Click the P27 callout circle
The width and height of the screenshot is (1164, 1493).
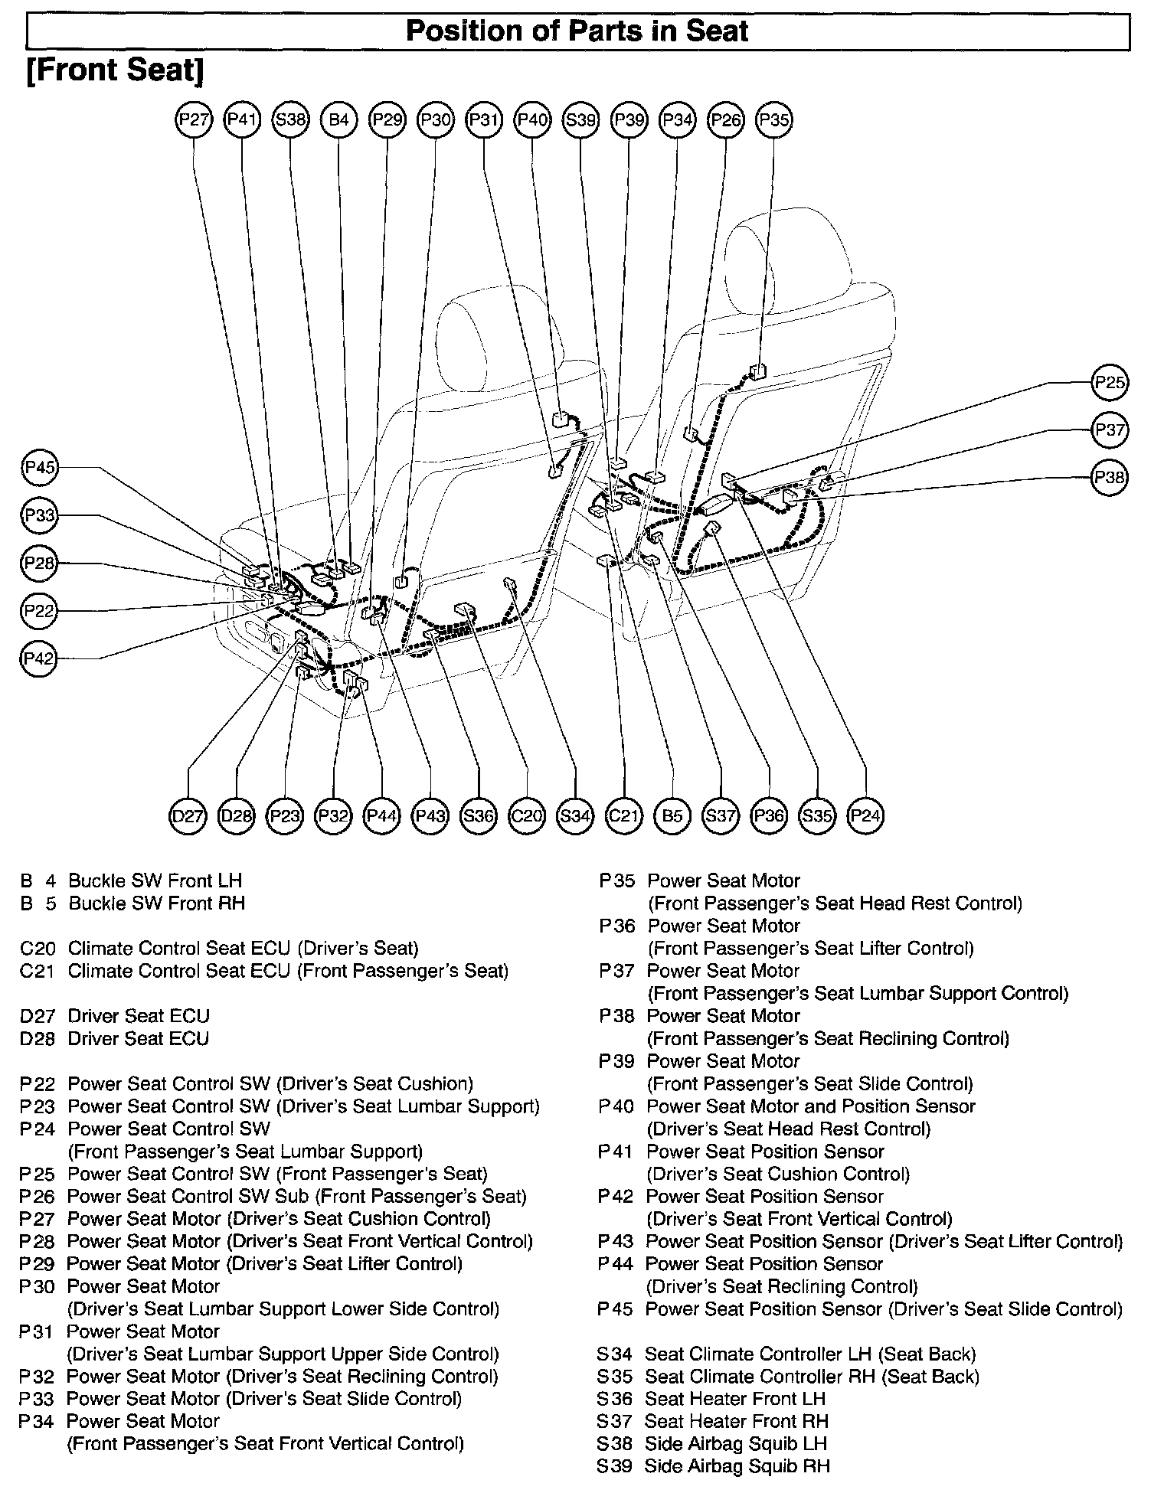[x=194, y=120]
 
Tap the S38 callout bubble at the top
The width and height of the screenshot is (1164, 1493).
[x=290, y=120]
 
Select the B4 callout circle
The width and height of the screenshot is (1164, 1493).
[x=338, y=120]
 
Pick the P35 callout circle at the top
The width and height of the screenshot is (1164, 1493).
[x=773, y=120]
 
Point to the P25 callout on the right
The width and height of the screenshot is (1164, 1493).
[x=1110, y=382]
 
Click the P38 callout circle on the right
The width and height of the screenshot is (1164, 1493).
[x=1110, y=478]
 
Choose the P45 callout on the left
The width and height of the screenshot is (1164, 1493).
[x=39, y=467]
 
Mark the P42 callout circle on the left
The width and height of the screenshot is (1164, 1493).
[x=39, y=658]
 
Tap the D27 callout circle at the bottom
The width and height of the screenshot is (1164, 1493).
[x=188, y=816]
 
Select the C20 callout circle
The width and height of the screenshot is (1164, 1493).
[x=526, y=816]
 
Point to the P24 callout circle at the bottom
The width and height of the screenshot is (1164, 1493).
[x=865, y=816]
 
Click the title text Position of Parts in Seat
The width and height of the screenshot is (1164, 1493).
[x=577, y=31]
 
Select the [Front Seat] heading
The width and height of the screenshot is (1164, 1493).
[x=115, y=70]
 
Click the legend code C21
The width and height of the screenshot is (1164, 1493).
[x=38, y=972]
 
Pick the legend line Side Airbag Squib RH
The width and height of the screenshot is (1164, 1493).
[x=737, y=1466]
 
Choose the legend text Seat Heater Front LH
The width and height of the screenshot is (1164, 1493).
[x=735, y=1399]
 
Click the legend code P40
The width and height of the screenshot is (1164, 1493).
[x=616, y=1106]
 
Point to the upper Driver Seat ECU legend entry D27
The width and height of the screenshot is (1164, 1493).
[x=138, y=1016]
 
